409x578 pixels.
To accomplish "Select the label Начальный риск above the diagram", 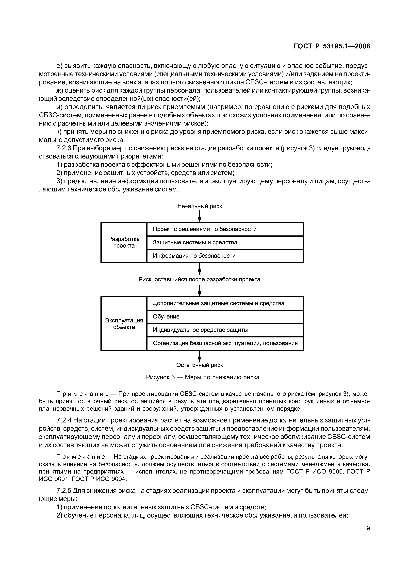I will point(200,206).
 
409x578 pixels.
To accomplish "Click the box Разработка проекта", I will point(124,242).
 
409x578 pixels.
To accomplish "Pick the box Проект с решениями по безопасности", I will point(225,229).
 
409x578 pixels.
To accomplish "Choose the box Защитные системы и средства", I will point(225,242).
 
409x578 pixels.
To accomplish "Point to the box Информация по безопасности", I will point(225,256).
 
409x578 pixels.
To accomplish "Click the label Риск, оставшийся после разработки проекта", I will point(200,279).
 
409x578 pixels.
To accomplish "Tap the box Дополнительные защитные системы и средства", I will point(225,303).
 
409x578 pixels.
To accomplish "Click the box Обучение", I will point(225,317).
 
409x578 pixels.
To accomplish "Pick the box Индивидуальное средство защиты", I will point(225,330).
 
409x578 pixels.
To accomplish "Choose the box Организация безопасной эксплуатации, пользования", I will point(225,343).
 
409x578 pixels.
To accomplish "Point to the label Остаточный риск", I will point(200,365).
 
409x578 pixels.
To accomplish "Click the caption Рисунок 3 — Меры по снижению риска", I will point(203,377).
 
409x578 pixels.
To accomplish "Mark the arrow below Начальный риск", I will point(200,216).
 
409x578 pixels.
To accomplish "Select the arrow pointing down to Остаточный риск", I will point(200,356).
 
